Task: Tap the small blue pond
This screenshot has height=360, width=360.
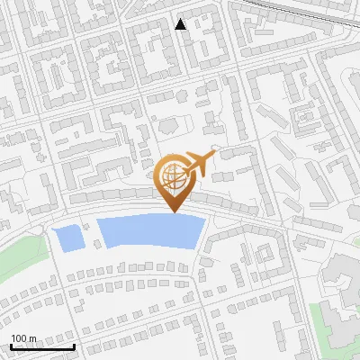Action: tap(68, 238)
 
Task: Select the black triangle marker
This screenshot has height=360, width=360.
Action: tap(181, 24)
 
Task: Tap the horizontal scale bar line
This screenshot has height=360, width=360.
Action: tap(42, 346)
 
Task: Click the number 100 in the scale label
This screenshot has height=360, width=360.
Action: tap(19, 338)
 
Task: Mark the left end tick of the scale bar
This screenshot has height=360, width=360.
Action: tap(11, 345)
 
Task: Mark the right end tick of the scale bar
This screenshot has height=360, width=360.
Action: tap(74, 345)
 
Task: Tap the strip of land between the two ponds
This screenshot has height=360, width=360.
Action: tap(91, 236)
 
